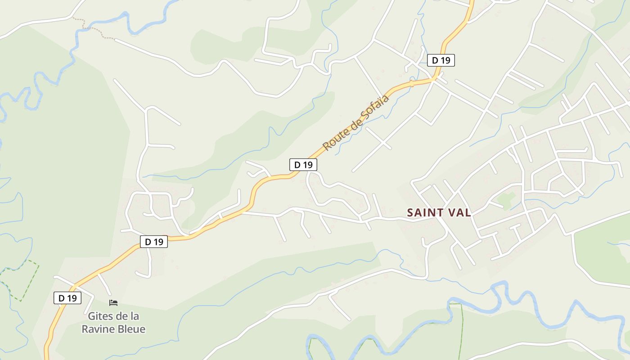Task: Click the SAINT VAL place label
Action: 439,213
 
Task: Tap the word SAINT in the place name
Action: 424,213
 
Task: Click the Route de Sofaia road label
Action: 356,122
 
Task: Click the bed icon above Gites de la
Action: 113,303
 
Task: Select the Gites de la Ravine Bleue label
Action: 113,323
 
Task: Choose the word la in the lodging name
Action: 134,316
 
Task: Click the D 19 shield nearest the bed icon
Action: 67,298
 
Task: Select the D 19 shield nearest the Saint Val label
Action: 303,165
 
